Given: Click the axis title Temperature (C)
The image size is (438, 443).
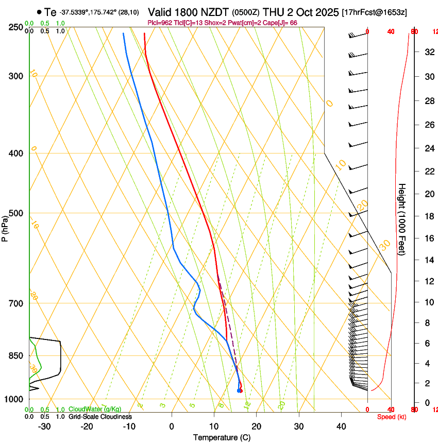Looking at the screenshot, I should (x=222, y=437).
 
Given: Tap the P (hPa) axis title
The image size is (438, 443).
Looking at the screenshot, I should (x=5, y=227).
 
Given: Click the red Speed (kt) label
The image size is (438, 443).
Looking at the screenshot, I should (x=392, y=417).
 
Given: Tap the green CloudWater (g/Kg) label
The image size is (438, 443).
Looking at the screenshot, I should (x=95, y=409).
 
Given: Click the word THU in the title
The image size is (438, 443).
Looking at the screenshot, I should (x=273, y=12).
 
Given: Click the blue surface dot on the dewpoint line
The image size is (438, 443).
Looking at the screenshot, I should (x=239, y=390).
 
